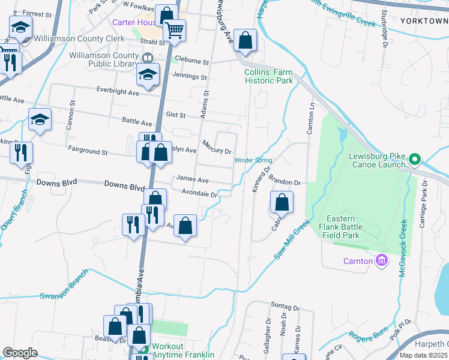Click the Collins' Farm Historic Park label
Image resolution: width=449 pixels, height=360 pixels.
pyautogui.click(x=268, y=76)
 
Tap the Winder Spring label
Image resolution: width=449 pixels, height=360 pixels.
pyautogui.click(x=253, y=160)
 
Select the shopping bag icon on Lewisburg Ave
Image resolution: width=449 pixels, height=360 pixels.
pyautogui.click(x=245, y=41)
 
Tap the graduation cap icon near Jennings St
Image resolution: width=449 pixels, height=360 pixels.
pyautogui.click(x=147, y=74)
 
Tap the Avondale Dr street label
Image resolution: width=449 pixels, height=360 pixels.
pyautogui.click(x=199, y=194)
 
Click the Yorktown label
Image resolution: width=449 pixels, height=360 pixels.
pyautogui.click(x=424, y=20)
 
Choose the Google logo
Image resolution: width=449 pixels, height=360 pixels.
pyautogui.click(x=20, y=352)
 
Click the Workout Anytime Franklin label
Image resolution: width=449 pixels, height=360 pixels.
pyautogui.click(x=182, y=350)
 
